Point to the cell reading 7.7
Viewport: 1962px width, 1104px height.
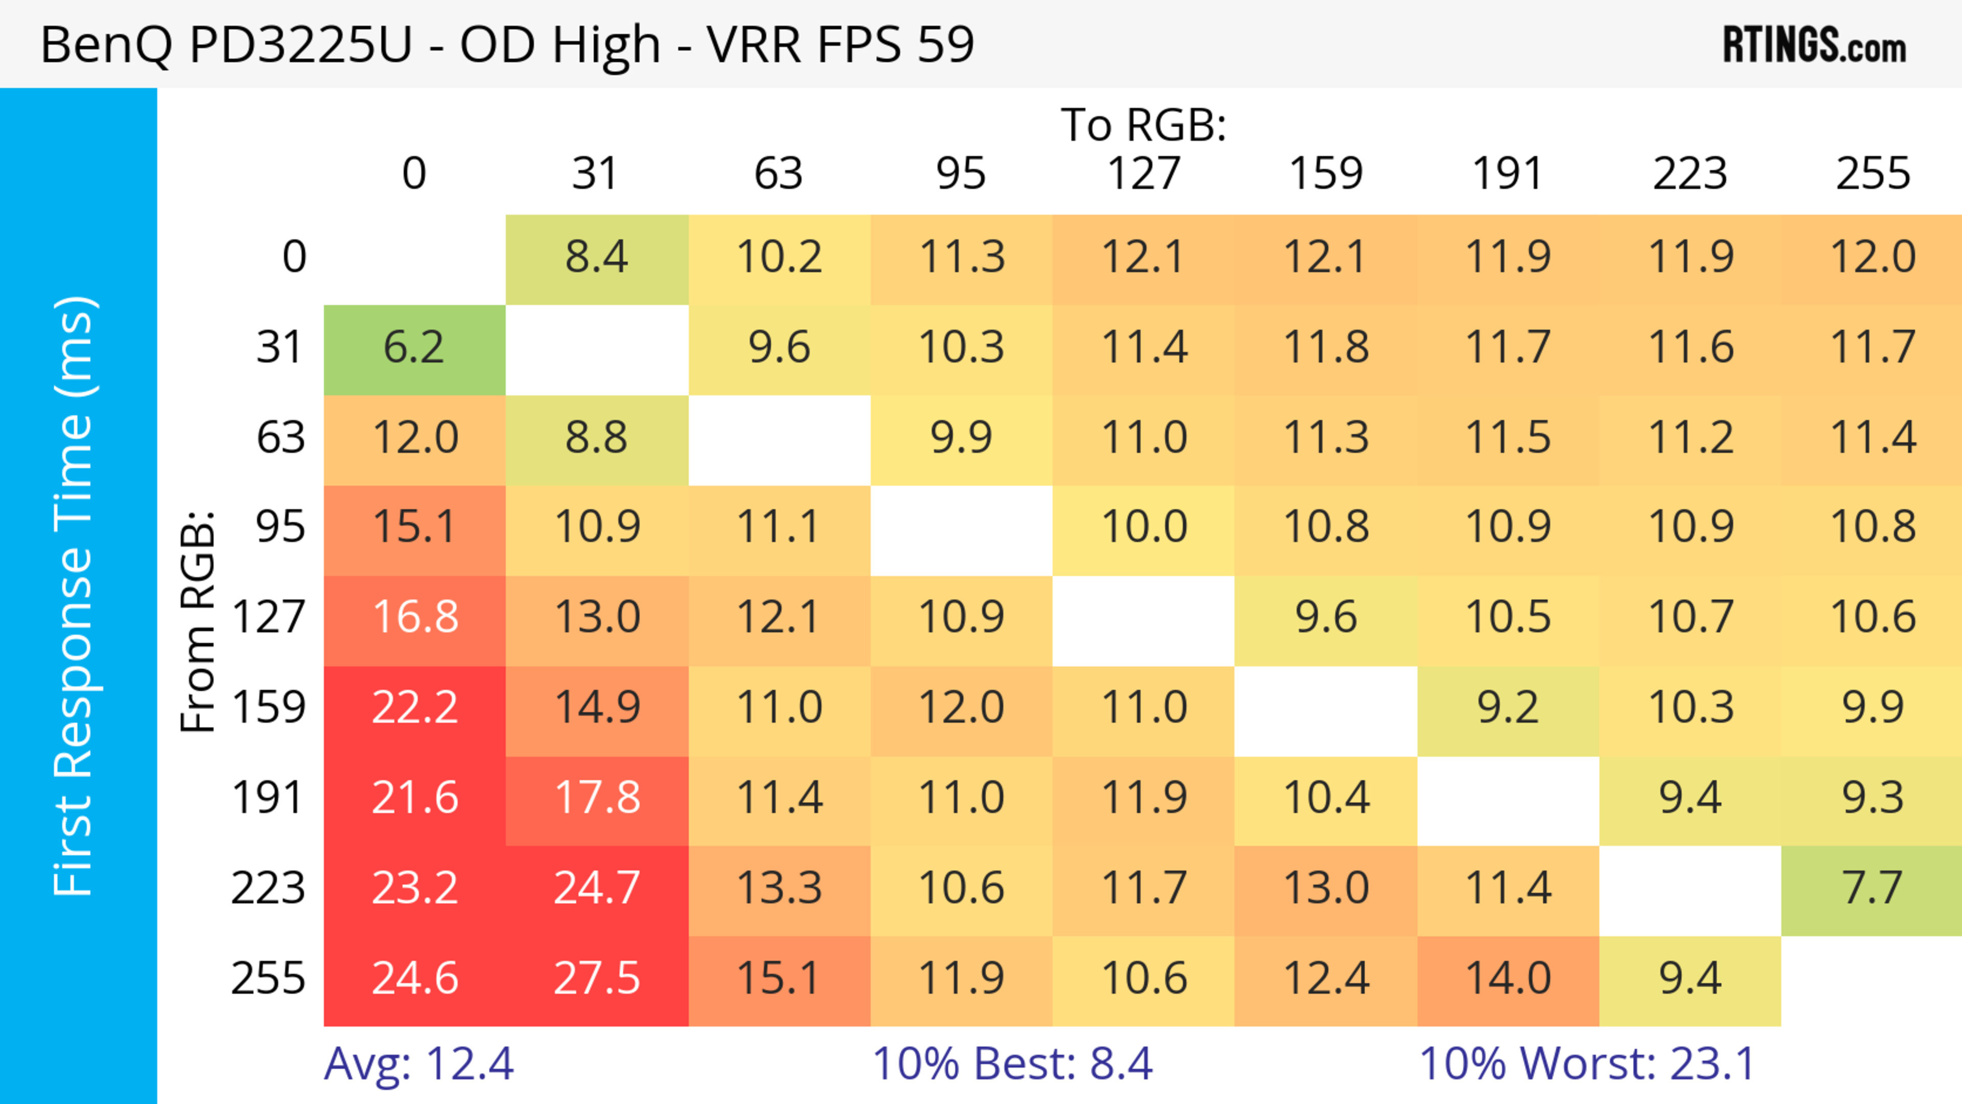(x=1872, y=888)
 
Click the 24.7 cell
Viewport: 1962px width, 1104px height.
(x=597, y=888)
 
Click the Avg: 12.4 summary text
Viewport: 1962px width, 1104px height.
(x=419, y=1064)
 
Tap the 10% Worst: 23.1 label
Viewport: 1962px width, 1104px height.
(x=1587, y=1064)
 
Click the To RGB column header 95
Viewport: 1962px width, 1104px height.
(x=961, y=174)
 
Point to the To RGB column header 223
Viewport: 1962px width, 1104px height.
(x=1690, y=174)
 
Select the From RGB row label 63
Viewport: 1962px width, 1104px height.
(x=281, y=438)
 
